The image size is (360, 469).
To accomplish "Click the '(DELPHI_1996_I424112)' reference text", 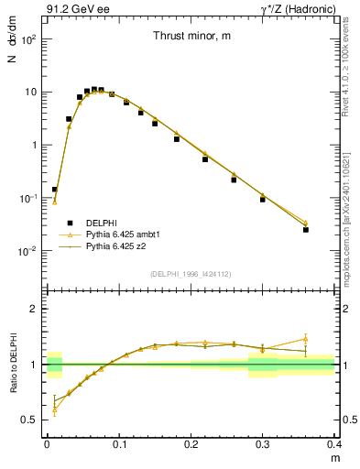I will pos(190,274).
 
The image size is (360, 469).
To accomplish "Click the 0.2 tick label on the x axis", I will pos(191,444).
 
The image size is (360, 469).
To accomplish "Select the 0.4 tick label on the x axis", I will pos(334,444).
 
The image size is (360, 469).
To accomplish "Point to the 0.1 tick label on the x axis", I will pos(118,444).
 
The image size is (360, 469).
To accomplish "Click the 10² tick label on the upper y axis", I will pos(29,40).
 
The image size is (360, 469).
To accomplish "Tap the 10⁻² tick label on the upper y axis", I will pos(29,251).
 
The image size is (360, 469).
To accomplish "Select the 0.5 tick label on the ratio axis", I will pos(30,420).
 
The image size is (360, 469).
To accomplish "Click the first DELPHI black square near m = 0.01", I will pos(54,190).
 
